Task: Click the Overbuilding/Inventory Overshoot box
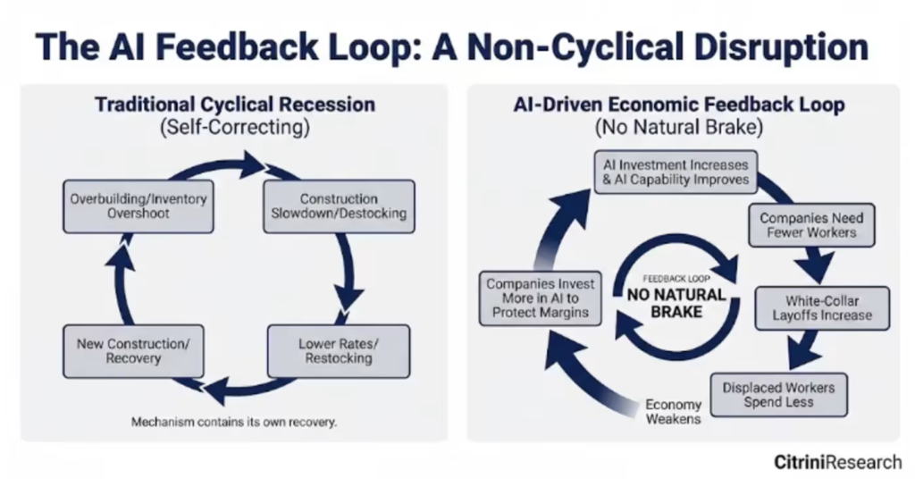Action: (x=139, y=206)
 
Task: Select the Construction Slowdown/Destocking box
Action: (x=339, y=206)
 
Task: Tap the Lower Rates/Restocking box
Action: (x=339, y=351)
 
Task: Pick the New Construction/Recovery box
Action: (x=134, y=351)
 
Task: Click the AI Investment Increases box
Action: (x=676, y=172)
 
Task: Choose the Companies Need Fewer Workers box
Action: (x=811, y=225)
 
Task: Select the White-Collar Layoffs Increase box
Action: (x=822, y=308)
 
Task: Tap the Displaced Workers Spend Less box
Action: (x=778, y=395)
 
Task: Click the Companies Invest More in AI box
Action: (x=541, y=298)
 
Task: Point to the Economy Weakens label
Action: (x=674, y=412)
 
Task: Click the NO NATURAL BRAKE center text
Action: (x=676, y=303)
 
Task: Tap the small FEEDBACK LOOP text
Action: (x=676, y=279)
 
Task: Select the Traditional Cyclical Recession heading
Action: (x=235, y=105)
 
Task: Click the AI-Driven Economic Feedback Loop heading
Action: (x=679, y=105)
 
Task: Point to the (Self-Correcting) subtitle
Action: (x=235, y=127)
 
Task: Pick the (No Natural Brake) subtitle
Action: (x=679, y=127)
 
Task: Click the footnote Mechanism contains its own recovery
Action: (x=234, y=422)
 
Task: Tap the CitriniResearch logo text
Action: (x=838, y=463)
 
